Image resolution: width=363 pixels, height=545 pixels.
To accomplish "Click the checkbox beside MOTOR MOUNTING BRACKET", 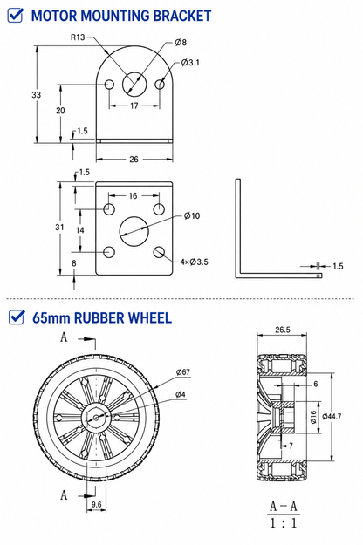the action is click(x=16, y=16).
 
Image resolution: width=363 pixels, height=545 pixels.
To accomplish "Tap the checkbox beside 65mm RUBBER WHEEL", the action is click(x=17, y=317).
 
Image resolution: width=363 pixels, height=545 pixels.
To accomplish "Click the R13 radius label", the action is click(x=78, y=37).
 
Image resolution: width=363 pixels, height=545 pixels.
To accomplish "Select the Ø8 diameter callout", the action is click(x=181, y=43).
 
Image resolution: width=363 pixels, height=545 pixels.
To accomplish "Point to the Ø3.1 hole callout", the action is click(x=190, y=63).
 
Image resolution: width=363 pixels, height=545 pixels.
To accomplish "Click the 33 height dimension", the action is click(x=36, y=94).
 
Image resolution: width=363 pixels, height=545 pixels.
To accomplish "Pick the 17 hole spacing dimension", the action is click(x=134, y=106).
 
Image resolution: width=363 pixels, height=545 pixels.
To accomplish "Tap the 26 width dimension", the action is click(x=134, y=160).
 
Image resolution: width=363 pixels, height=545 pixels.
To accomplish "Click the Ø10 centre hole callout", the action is click(x=192, y=216).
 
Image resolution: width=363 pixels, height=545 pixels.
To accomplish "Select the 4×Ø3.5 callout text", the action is click(x=194, y=262).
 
